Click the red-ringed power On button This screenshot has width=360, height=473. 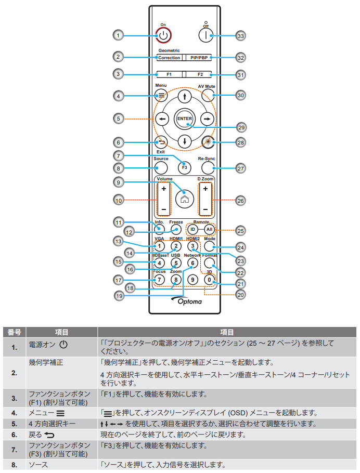(x=163, y=35)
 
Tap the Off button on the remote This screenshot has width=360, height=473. (x=206, y=35)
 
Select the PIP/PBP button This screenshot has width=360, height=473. (x=199, y=58)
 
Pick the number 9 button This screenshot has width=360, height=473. (x=193, y=280)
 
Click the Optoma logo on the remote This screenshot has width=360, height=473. (x=185, y=301)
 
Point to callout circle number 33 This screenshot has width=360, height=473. (x=240, y=36)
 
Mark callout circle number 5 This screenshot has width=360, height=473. (x=119, y=119)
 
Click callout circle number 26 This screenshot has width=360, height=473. (x=240, y=199)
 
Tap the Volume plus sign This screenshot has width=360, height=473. (x=163, y=189)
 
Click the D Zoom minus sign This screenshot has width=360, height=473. (x=206, y=209)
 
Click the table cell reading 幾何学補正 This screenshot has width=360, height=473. (x=46, y=362)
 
